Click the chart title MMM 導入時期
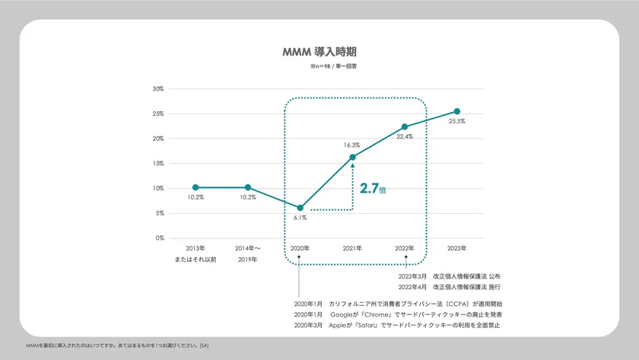[319, 53]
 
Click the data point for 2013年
[196, 187]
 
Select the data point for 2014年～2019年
[248, 187]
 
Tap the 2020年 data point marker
[300, 208]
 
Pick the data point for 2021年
[352, 157]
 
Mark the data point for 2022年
[405, 127]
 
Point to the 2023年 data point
[457, 111]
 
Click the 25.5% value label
[457, 121]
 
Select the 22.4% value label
[405, 137]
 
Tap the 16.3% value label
[351, 145]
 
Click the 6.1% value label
[300, 218]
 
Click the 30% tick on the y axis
[158, 89]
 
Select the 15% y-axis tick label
[158, 164]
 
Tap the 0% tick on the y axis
[160, 238]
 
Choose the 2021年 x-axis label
[352, 249]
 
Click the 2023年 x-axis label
[457, 249]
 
